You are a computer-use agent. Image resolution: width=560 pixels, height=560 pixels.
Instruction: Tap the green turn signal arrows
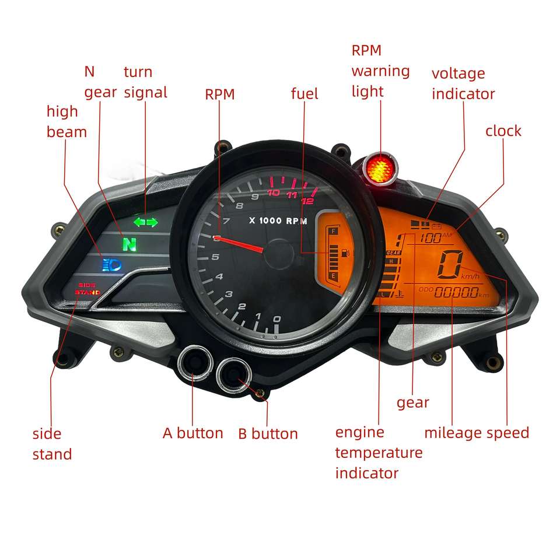tap(145, 222)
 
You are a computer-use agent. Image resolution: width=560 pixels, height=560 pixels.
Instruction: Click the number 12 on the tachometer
tap(308, 201)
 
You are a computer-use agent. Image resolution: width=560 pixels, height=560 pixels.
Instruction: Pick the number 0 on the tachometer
tap(277, 319)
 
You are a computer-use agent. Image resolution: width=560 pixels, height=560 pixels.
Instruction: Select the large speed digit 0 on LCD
tap(451, 266)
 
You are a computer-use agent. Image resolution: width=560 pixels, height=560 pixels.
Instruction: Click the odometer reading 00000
tap(456, 293)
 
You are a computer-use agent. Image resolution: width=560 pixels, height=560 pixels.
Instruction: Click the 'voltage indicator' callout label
tap(463, 83)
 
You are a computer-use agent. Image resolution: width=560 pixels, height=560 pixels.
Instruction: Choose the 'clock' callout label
tap(503, 131)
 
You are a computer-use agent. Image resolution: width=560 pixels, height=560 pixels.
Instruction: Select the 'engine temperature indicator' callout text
tap(379, 453)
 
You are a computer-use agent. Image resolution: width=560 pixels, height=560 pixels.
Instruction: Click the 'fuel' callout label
tap(304, 93)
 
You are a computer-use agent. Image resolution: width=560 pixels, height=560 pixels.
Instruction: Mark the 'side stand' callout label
tap(52, 444)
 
